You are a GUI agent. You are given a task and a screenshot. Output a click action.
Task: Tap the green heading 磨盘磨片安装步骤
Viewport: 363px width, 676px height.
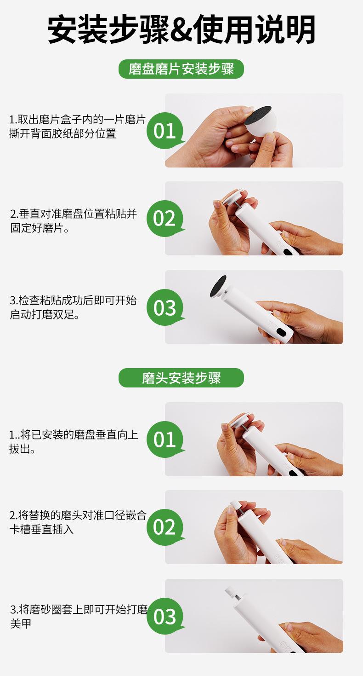coord(181,69)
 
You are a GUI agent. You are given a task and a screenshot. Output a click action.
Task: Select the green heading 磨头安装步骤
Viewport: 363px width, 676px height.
coord(181,378)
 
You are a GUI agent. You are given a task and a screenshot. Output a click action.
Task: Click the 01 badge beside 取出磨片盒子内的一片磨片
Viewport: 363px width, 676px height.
coord(165,130)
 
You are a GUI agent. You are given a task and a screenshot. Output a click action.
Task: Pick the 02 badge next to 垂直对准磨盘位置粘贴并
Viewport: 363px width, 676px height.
coord(165,218)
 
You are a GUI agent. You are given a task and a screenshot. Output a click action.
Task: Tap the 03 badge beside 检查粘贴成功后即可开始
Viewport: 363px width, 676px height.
coord(165,307)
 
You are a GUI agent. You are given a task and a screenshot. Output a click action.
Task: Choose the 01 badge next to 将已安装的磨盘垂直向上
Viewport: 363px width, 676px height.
coord(165,439)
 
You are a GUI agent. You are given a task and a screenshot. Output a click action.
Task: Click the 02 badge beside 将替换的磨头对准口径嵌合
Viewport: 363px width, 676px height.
coord(165,527)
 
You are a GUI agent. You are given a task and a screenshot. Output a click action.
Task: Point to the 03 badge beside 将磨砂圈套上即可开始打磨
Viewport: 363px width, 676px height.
coord(165,616)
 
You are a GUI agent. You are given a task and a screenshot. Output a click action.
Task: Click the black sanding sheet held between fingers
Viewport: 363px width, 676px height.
coord(258,115)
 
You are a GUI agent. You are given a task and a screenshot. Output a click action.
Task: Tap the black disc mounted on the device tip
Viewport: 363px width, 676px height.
coord(218,286)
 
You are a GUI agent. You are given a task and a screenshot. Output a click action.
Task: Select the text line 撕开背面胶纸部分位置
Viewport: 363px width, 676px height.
coord(62,133)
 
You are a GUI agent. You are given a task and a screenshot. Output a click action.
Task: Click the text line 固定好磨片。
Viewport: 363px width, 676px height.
coord(40,228)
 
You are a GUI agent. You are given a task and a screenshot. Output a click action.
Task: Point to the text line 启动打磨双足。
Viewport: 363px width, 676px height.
coord(45,314)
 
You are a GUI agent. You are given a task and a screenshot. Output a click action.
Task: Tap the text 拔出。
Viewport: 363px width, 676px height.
coord(23,449)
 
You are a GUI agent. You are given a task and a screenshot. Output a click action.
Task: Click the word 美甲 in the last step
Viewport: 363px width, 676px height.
coord(21,623)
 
